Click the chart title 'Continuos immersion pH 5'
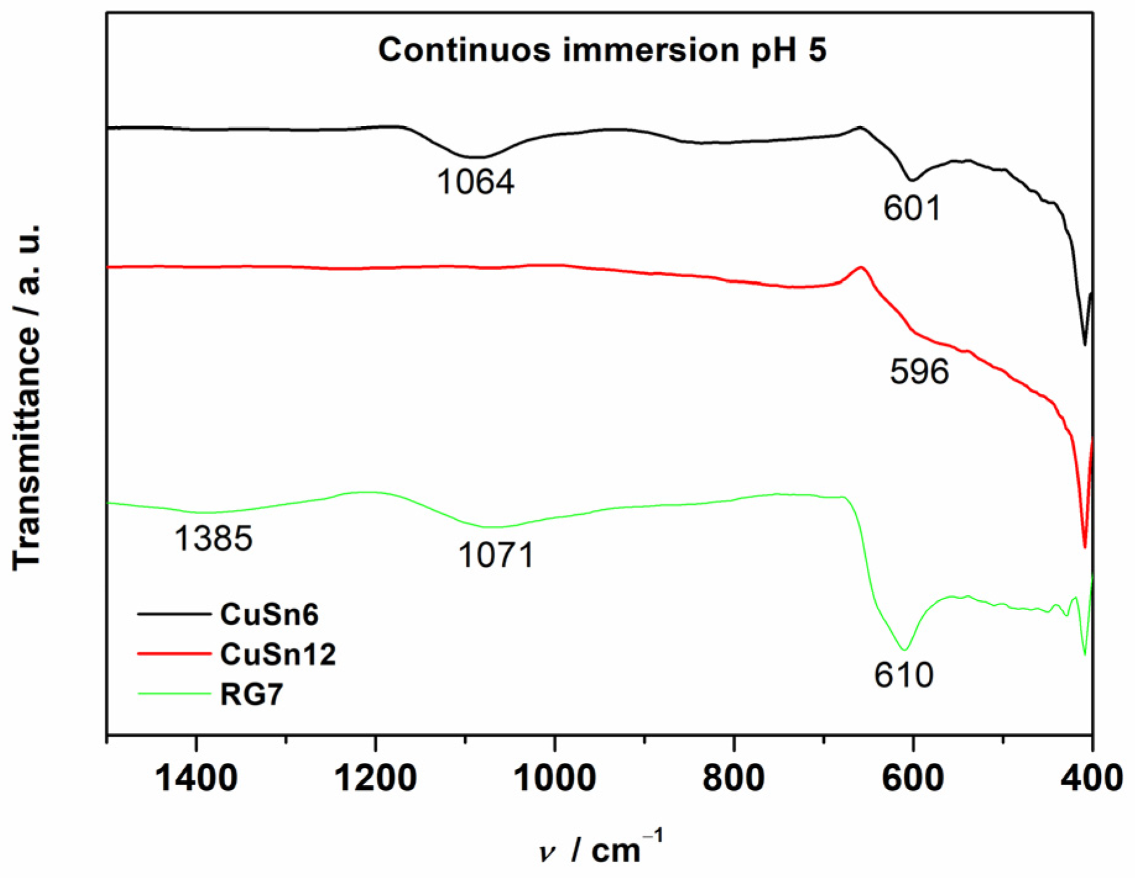click(x=601, y=49)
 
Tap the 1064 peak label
click(x=475, y=183)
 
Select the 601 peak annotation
click(x=912, y=209)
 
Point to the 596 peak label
click(x=919, y=372)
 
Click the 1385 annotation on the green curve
click(x=213, y=538)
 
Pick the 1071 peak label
click(x=496, y=555)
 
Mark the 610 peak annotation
click(x=903, y=674)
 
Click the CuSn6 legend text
click(x=269, y=614)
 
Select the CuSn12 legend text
click(x=278, y=654)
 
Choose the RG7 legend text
click(x=251, y=694)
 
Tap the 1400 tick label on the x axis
click(x=196, y=778)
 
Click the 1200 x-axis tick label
click(x=375, y=778)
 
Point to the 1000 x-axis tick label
click(x=554, y=778)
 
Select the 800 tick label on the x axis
click(x=734, y=778)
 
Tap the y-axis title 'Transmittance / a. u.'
click(x=27, y=396)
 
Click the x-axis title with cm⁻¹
click(x=600, y=849)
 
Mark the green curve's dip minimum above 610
click(x=904, y=650)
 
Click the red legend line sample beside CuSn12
click(x=174, y=653)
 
